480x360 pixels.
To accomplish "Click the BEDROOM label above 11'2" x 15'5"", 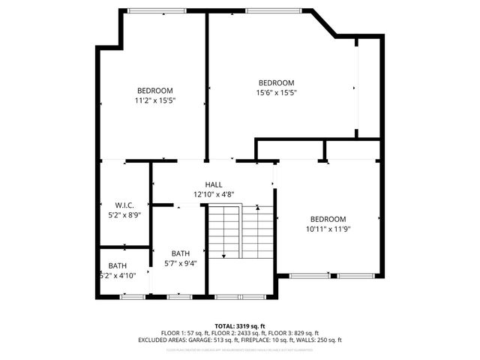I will coord(155,91).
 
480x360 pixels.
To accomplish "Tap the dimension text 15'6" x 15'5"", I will coord(276,93).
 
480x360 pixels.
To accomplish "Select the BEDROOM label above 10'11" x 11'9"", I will coord(328,219).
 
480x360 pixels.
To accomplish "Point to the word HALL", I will coord(214,184).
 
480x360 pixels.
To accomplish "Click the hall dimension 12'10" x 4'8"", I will coord(214,194).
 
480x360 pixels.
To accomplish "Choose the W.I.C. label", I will coord(124,205).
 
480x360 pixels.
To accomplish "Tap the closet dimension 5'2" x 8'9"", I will coord(124,214).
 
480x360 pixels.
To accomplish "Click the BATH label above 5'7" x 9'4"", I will coord(180,253).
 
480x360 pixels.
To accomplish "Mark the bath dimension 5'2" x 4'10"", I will coord(118,276).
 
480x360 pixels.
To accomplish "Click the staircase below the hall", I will coord(240,232).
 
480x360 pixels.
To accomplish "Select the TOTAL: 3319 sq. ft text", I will coord(240,326).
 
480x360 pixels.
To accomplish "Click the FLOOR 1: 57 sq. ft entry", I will coord(183,333).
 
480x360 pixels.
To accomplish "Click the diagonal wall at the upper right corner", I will coord(324,22).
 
